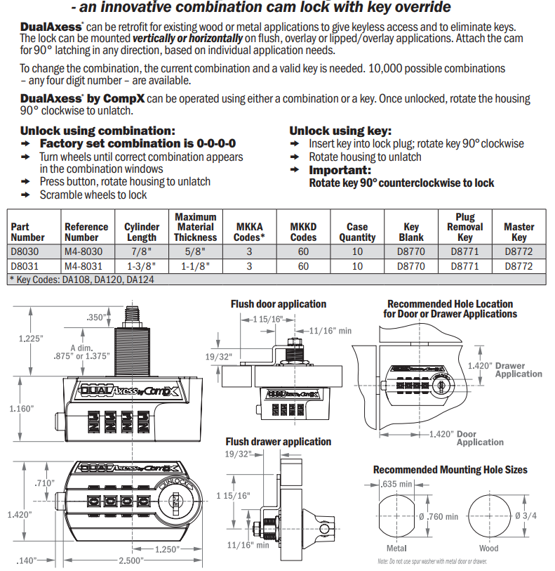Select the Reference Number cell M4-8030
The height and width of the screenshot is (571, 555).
(x=83, y=251)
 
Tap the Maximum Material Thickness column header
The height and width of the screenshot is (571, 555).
(x=195, y=227)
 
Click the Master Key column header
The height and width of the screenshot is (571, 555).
(x=519, y=232)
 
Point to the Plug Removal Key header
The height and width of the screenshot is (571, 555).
(x=464, y=227)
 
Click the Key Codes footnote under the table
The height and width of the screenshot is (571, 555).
(x=81, y=279)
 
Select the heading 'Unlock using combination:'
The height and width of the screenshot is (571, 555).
(x=98, y=131)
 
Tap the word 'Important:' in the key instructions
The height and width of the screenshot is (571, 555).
(x=340, y=170)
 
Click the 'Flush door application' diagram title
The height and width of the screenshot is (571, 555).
(x=279, y=304)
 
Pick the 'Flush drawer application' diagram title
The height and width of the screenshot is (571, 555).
(x=278, y=441)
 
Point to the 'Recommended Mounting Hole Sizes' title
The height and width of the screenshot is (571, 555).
(x=450, y=469)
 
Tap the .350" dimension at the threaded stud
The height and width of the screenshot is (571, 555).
(x=96, y=316)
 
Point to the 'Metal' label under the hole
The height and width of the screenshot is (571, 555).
(x=396, y=548)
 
